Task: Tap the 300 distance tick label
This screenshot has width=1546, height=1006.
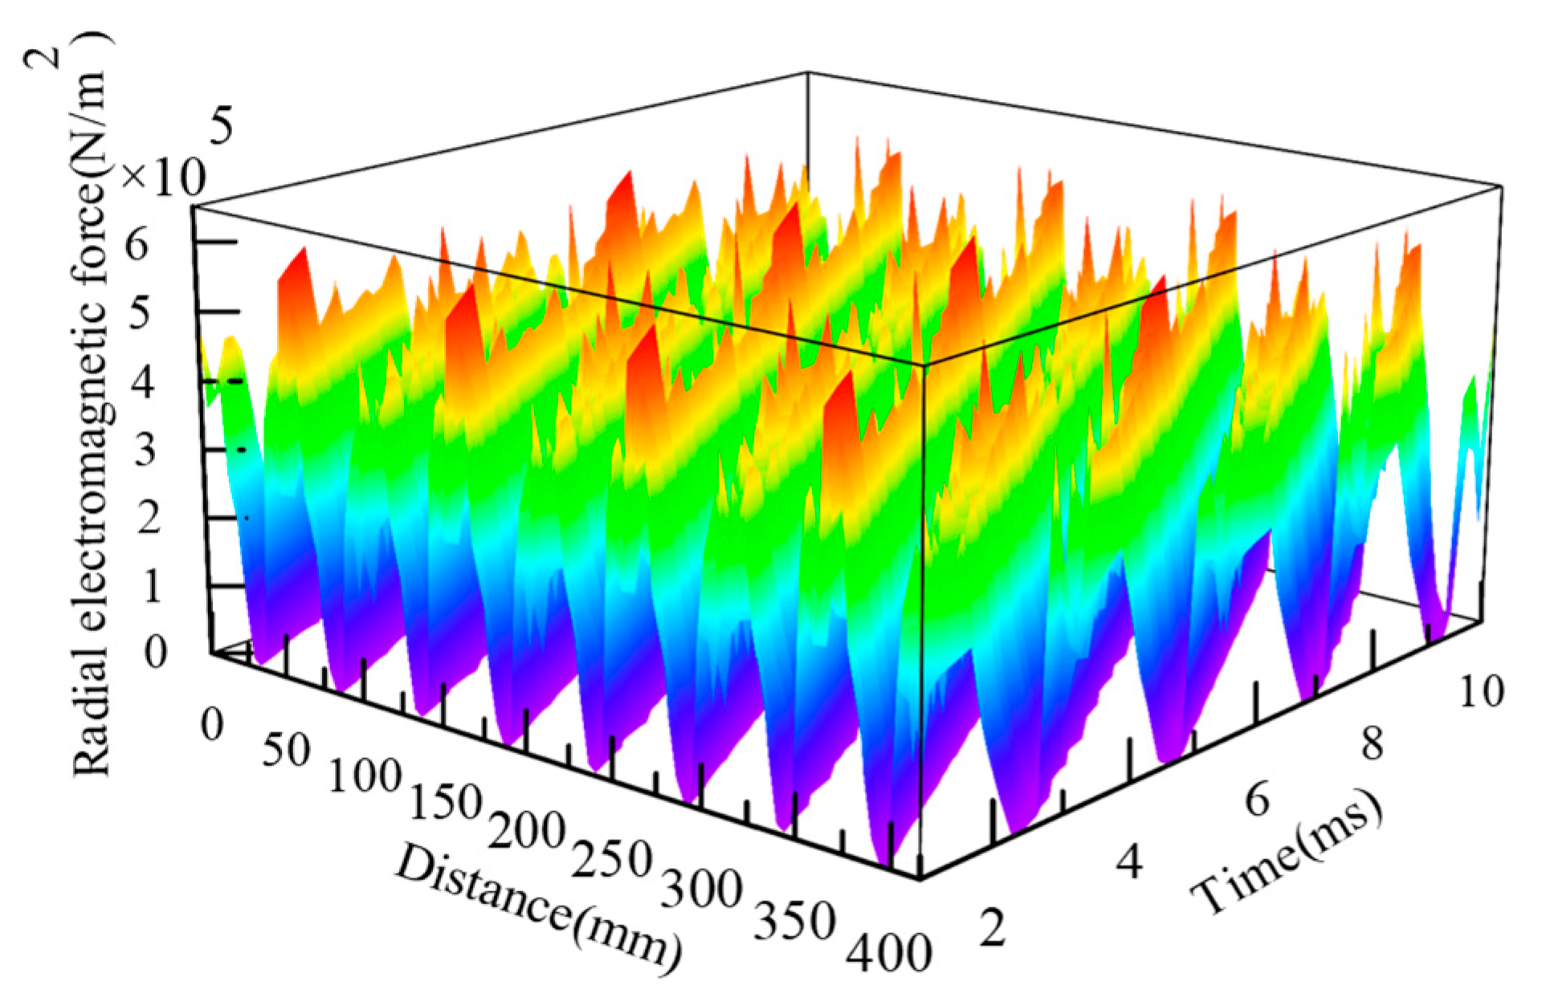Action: tap(701, 889)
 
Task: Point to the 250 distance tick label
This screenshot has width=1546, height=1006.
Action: tap(611, 859)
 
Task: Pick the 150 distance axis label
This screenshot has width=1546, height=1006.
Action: tap(445, 800)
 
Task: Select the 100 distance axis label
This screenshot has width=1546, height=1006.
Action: tap(365, 776)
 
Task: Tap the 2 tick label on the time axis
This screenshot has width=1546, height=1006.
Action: tap(993, 928)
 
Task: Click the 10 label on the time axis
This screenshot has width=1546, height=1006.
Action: tap(1480, 690)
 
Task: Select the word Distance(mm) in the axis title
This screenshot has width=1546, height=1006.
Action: tap(538, 907)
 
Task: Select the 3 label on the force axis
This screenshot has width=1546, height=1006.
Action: tap(145, 450)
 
